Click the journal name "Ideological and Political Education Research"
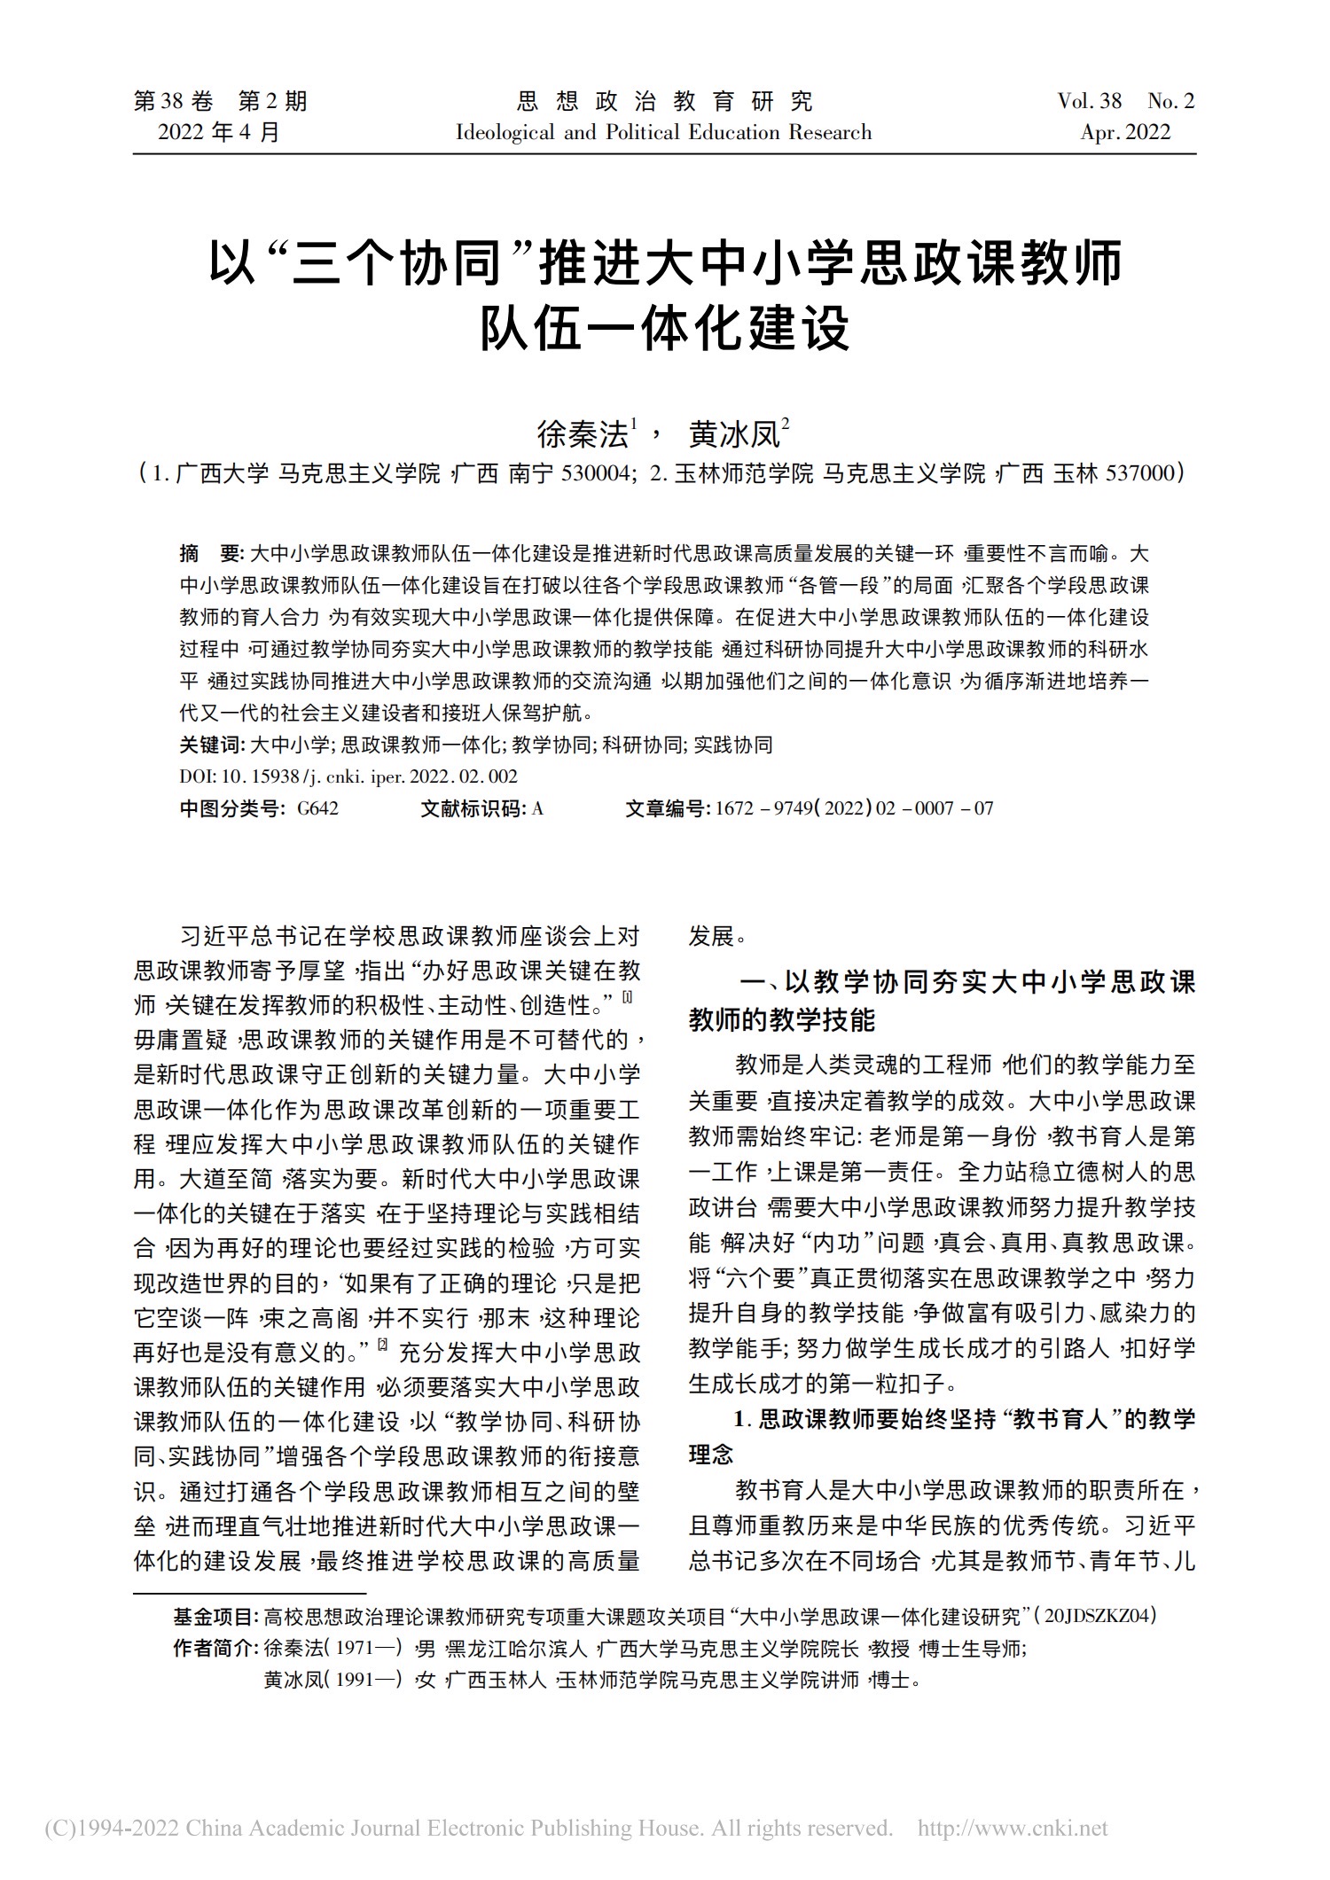663,133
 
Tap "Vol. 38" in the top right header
1089,101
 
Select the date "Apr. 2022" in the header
1125,133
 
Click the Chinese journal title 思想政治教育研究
663,101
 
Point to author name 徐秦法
582,434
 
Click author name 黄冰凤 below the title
734,434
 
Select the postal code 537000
1140,473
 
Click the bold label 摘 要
211,554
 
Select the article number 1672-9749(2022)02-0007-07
854,808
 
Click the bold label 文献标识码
473,808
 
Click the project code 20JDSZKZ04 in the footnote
1099,1616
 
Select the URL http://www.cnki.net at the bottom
1013,1828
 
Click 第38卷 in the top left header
174,101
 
